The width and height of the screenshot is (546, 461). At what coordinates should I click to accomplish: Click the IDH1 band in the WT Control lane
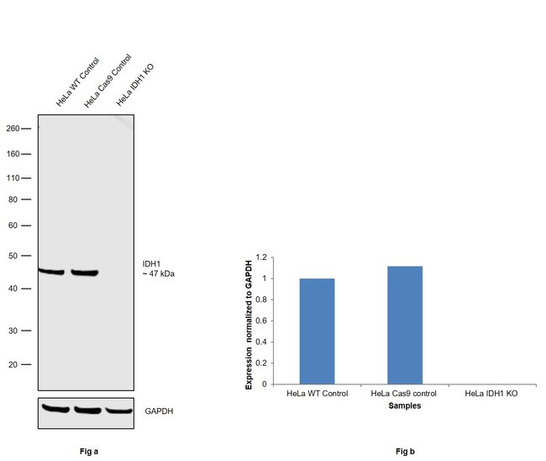[x=51, y=271]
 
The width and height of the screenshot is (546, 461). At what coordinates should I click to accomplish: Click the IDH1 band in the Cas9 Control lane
[x=84, y=273]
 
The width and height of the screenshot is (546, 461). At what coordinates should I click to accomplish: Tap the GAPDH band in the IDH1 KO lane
[x=119, y=411]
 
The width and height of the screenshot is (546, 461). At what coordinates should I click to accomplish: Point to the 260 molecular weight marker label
[x=13, y=129]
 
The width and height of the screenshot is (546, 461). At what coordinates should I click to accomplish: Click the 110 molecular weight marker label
[x=13, y=178]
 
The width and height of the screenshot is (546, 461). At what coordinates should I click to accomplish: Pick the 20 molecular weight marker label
[x=14, y=364]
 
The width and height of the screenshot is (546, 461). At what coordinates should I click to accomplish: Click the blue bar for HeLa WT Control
[x=317, y=331]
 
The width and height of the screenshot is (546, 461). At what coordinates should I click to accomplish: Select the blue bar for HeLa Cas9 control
[x=404, y=325]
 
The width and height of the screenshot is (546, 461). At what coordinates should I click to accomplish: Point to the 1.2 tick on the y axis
[x=261, y=257]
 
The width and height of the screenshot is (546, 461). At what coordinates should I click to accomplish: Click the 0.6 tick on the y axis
[x=261, y=321]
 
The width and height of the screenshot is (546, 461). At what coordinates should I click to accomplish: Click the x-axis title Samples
[x=404, y=405]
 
